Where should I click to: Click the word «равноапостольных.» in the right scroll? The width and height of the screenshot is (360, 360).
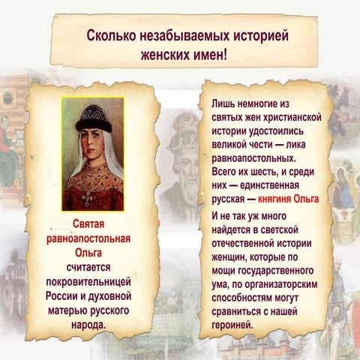point(255,158)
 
